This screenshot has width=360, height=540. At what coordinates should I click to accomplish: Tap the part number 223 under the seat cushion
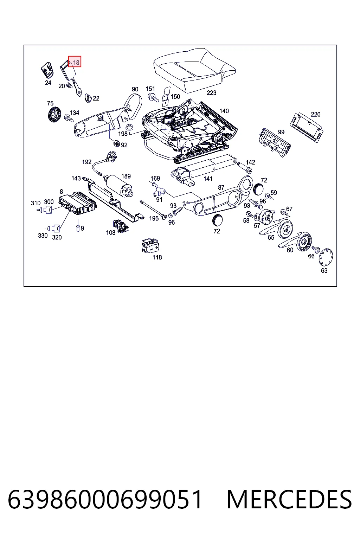[x=212, y=93]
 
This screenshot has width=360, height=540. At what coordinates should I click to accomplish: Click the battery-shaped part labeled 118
[x=150, y=245]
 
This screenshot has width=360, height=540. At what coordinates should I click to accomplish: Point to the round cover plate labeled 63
[x=326, y=257]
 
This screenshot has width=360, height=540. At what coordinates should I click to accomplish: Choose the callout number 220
[x=315, y=114]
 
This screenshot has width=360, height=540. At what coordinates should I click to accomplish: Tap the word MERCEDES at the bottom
[x=289, y=499]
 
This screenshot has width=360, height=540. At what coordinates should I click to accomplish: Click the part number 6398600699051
[x=105, y=499]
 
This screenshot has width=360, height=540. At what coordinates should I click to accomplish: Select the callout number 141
[x=208, y=179]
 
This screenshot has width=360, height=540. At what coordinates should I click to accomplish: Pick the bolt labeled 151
[x=153, y=97]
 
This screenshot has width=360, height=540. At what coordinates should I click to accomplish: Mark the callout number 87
[x=221, y=187]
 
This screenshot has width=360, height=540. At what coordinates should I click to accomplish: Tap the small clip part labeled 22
[x=88, y=98]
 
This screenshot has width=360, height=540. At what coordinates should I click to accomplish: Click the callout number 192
[x=87, y=162]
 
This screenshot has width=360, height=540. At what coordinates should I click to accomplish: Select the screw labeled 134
[x=69, y=118]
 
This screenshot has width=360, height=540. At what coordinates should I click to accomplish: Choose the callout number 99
[x=281, y=132]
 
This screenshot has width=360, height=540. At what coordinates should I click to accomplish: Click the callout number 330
[x=43, y=236]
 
